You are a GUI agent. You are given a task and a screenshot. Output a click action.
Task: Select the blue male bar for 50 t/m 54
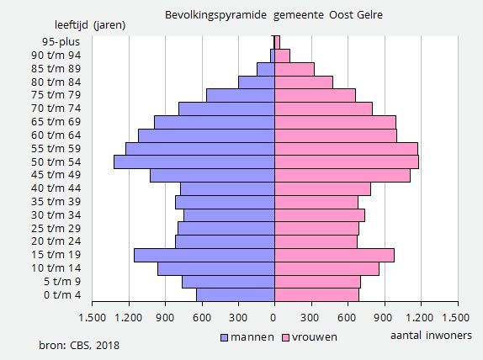[x=194, y=161]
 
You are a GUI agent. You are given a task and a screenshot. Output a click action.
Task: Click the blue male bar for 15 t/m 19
[x=204, y=255]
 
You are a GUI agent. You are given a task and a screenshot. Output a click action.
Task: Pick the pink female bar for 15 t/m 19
[x=334, y=255]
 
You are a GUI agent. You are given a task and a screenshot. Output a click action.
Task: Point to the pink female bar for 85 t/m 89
[x=295, y=69]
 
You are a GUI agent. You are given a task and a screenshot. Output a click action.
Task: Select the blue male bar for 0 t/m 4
[x=236, y=294]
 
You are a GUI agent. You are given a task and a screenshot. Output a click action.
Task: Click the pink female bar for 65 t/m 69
[x=335, y=122]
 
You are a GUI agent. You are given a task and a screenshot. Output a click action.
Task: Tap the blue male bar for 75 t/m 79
[x=241, y=95]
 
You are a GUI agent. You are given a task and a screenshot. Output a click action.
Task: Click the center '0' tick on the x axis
[x=274, y=318]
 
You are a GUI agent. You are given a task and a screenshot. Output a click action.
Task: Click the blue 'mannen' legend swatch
[x=225, y=337]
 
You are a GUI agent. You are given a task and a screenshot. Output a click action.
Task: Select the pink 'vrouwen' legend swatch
[x=285, y=337]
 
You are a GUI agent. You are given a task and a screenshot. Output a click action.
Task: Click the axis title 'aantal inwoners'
[x=431, y=336]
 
